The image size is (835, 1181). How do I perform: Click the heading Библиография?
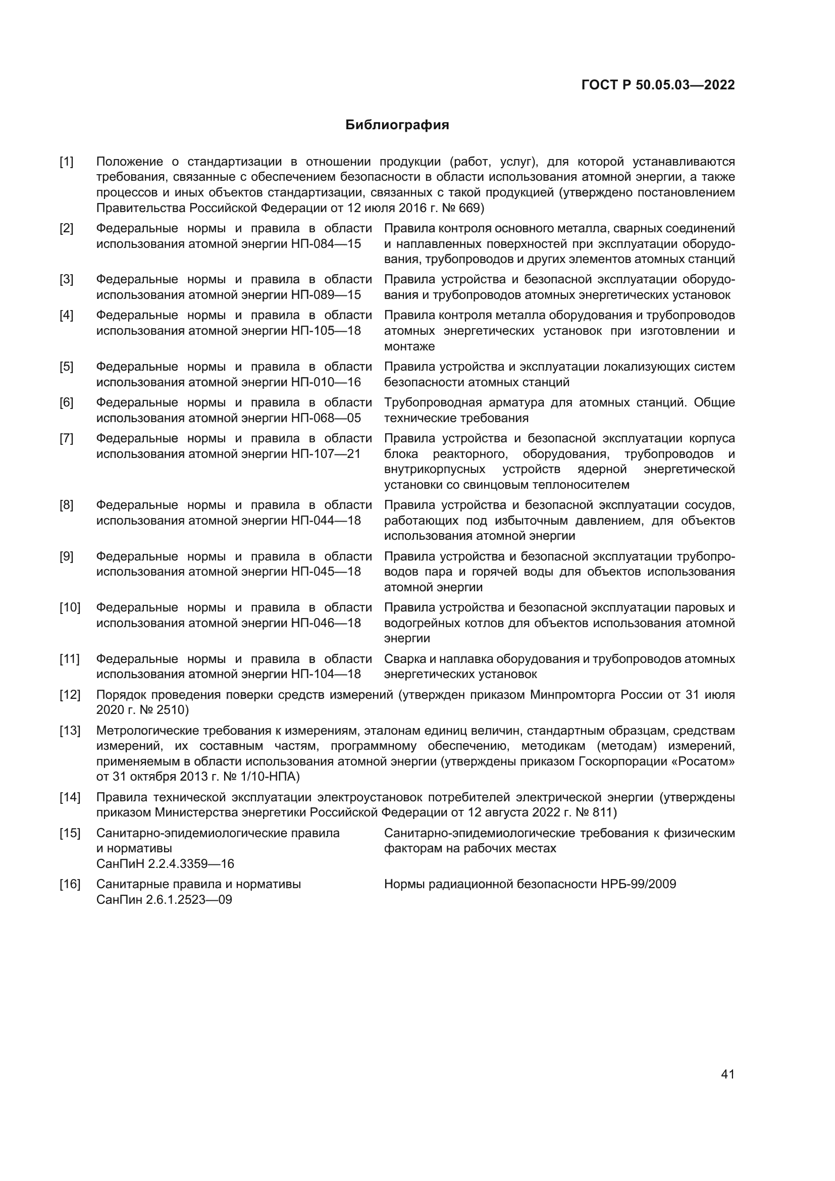(x=397, y=125)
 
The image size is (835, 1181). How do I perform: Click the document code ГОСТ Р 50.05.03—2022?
(x=658, y=85)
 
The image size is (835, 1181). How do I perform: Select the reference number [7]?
(x=66, y=439)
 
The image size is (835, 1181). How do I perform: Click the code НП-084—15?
(x=326, y=244)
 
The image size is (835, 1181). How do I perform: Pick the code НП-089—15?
(x=326, y=295)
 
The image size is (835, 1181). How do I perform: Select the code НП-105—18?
(x=326, y=331)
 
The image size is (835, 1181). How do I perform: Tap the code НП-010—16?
(x=326, y=382)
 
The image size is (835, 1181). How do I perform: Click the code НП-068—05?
(x=326, y=418)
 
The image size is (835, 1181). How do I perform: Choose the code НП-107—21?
(x=326, y=454)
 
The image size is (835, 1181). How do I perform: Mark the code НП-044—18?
(x=326, y=521)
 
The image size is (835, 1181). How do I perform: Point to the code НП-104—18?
(x=326, y=675)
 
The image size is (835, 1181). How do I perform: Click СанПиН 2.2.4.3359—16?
(x=165, y=863)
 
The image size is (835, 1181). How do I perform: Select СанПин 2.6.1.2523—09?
(x=164, y=900)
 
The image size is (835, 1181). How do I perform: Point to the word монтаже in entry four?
(x=409, y=347)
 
